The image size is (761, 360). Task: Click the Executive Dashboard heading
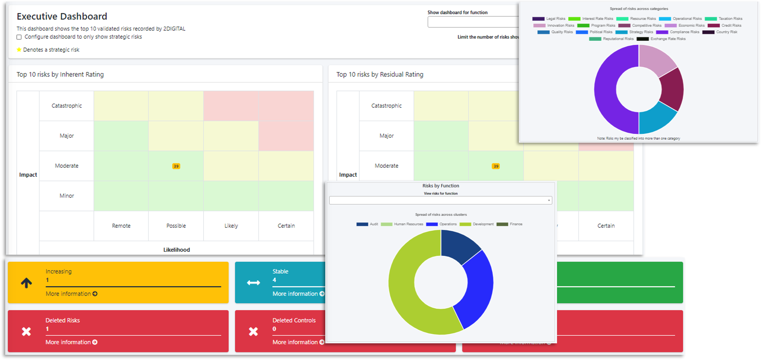coord(62,16)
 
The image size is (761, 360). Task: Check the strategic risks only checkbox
coord(19,37)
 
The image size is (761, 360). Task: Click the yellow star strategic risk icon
coord(19,50)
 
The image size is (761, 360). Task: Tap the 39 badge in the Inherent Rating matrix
coord(176,166)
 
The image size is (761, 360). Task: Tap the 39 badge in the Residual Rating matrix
coord(495,166)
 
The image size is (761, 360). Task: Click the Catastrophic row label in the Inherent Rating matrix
coord(66,106)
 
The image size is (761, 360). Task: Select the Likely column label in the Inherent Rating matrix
coord(231,226)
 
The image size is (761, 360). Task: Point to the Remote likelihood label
coord(121,226)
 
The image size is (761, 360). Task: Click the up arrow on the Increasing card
coord(26,283)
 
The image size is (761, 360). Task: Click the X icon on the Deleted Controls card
coord(253,331)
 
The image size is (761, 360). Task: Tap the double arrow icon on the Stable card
coord(253,283)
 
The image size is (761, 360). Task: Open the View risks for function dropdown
coord(441,200)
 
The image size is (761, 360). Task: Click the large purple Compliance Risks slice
coord(608,95)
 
